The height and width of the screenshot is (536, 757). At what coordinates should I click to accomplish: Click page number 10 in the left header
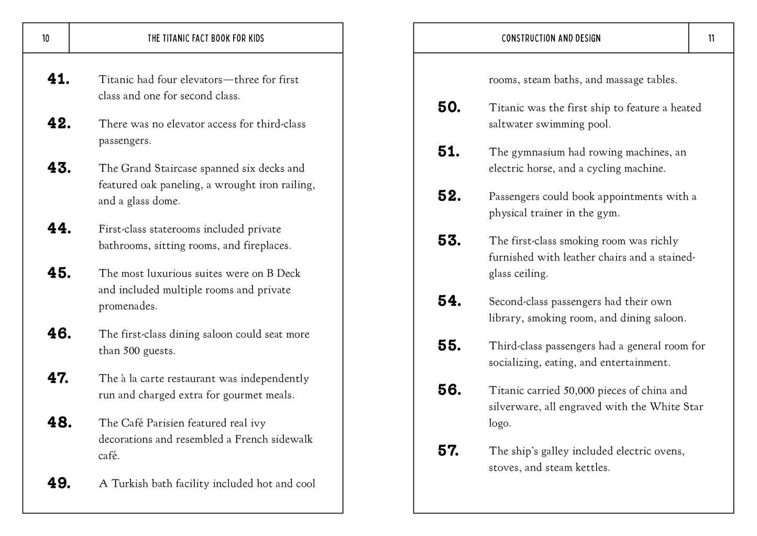(46, 38)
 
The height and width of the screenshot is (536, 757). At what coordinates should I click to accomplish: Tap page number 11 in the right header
(711, 38)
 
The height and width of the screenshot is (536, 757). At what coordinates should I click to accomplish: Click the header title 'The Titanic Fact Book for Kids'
(206, 38)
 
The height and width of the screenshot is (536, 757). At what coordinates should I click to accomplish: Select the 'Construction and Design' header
(551, 38)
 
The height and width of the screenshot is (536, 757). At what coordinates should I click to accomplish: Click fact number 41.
(59, 79)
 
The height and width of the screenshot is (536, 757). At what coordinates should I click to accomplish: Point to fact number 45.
(59, 273)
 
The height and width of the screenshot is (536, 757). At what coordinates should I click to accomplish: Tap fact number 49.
(59, 483)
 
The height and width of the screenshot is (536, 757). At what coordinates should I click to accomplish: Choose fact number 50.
(449, 107)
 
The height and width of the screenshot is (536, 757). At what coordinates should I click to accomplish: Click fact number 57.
(448, 450)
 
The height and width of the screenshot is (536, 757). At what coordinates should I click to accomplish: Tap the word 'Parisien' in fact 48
(166, 423)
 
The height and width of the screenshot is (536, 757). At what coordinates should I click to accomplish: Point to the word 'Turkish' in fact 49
(129, 484)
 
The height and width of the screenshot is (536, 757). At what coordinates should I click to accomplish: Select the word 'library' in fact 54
(506, 318)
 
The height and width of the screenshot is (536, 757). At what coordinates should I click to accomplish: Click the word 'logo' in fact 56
(500, 423)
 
